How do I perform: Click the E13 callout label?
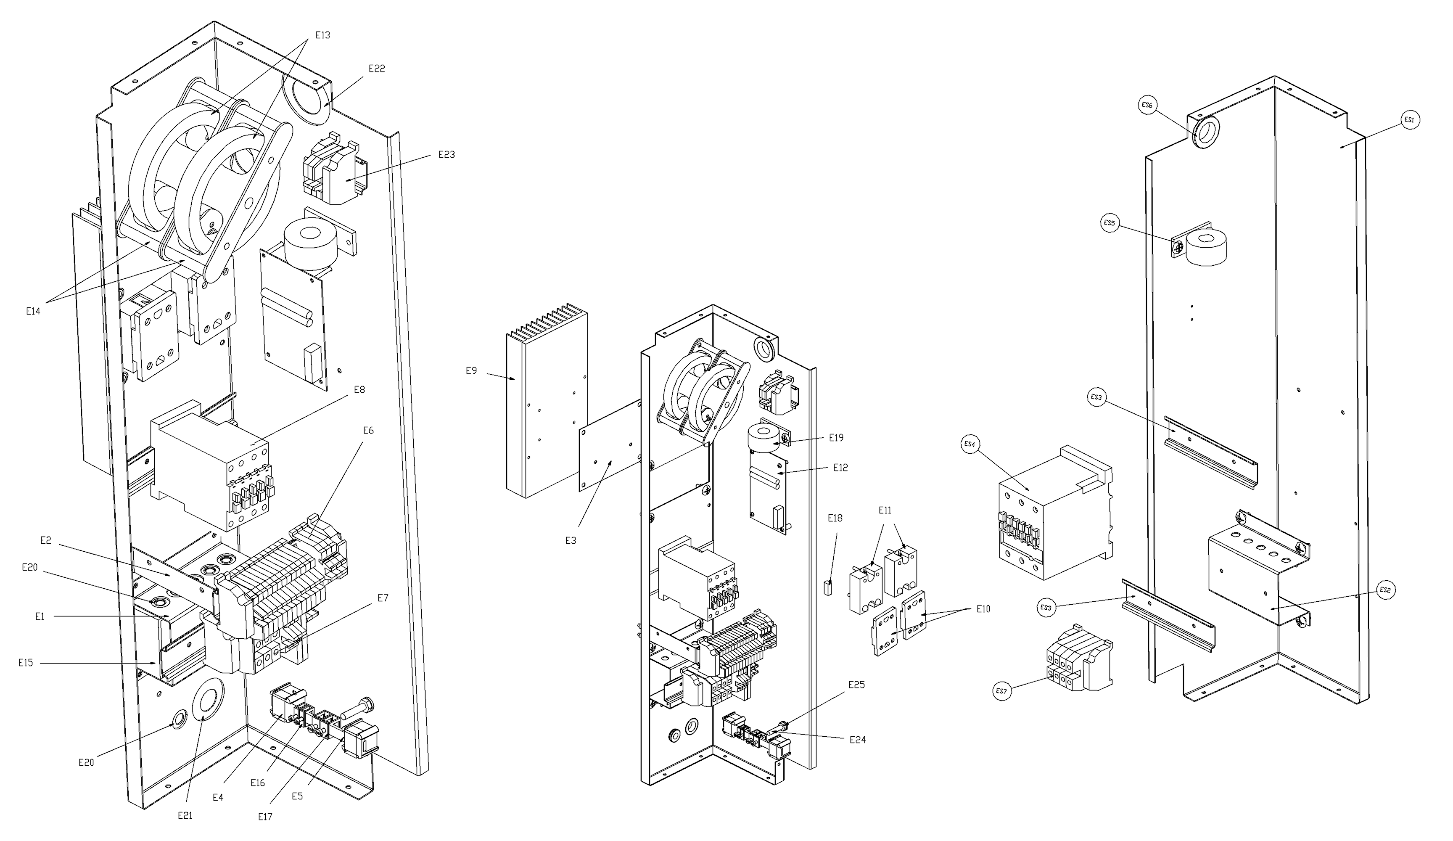pyautogui.click(x=322, y=35)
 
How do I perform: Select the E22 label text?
pyautogui.click(x=377, y=69)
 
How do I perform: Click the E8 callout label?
pyautogui.click(x=359, y=390)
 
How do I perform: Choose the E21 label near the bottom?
pyautogui.click(x=185, y=816)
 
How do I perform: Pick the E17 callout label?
pyautogui.click(x=265, y=817)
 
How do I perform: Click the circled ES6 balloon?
pyautogui.click(x=1147, y=105)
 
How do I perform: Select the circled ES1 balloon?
pyautogui.click(x=1409, y=120)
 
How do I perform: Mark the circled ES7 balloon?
pyautogui.click(x=1003, y=691)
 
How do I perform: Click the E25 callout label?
pyautogui.click(x=856, y=685)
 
